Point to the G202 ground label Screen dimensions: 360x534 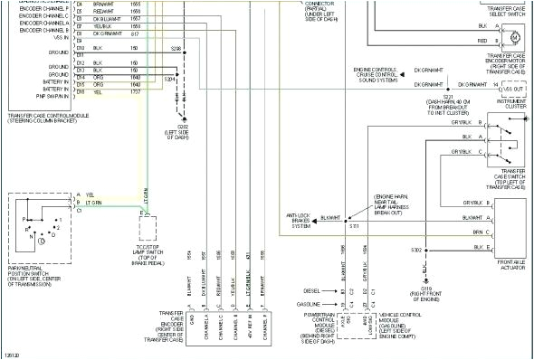183,131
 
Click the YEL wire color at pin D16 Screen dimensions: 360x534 97,92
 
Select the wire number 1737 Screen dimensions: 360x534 135,92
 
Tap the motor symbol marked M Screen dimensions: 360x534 515,36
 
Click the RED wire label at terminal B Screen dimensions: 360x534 482,41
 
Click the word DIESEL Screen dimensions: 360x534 313,290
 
